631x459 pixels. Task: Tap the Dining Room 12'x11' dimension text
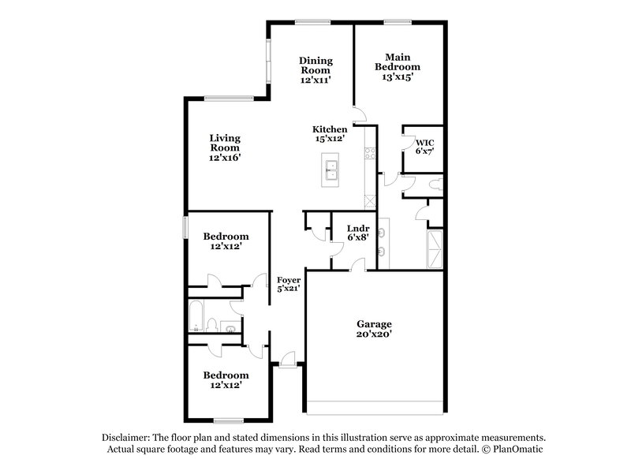315,80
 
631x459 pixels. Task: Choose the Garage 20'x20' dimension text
374,334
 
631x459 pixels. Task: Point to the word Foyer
288,280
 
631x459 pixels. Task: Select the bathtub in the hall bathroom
196,317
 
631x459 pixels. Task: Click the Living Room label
225,142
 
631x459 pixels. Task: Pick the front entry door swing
289,360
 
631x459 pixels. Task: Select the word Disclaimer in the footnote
129,437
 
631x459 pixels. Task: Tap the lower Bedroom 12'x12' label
226,375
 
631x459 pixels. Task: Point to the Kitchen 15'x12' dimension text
330,139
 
